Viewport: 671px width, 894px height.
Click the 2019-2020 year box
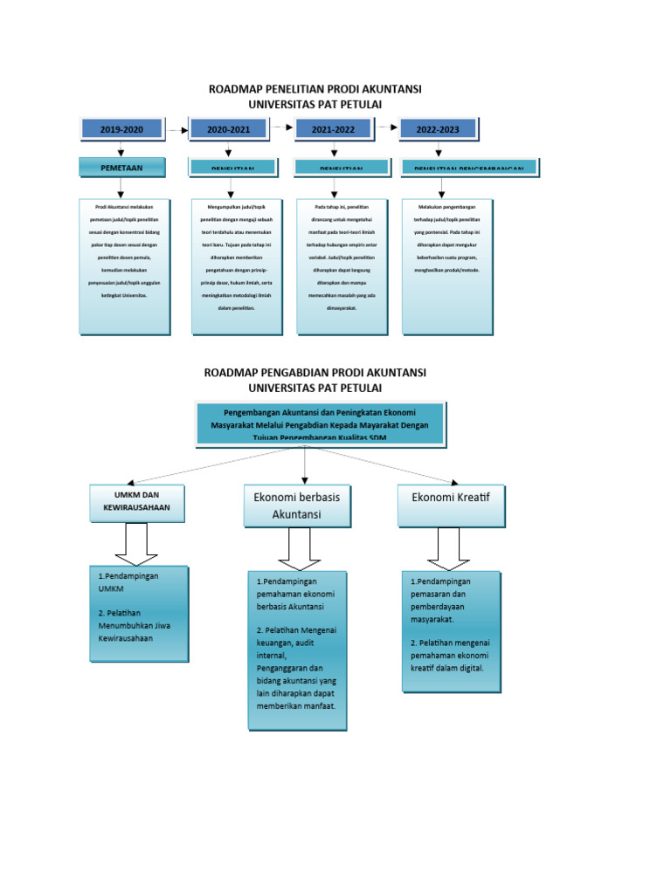coord(121,129)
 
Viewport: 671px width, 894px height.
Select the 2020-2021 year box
coord(228,129)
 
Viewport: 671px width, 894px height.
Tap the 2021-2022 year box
coord(333,129)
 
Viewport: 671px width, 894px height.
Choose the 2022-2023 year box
coord(438,129)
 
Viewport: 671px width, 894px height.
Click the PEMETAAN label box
coord(121,167)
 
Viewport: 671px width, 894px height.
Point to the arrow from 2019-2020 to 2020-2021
coord(177,130)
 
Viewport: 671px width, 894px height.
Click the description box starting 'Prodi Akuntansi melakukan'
coord(121,266)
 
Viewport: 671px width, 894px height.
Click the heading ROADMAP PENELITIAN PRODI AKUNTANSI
coord(315,90)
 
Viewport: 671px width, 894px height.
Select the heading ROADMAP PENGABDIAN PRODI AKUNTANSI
coord(315,373)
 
